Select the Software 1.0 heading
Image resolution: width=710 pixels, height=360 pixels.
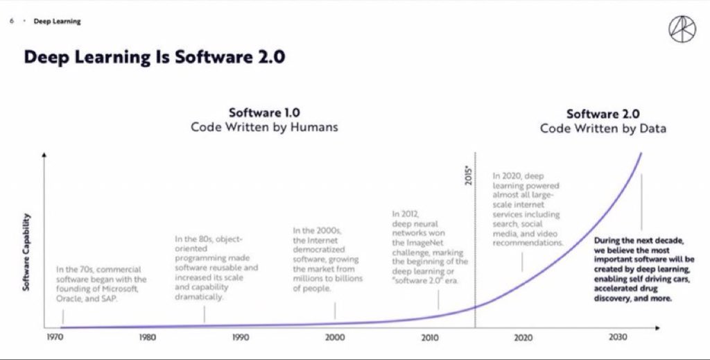pos(264,113)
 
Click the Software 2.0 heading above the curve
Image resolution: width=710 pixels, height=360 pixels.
pos(603,114)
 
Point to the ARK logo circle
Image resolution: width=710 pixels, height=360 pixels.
pos(682,30)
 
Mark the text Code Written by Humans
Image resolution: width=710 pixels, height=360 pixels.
pos(264,128)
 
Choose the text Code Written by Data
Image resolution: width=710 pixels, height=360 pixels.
pos(603,128)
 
